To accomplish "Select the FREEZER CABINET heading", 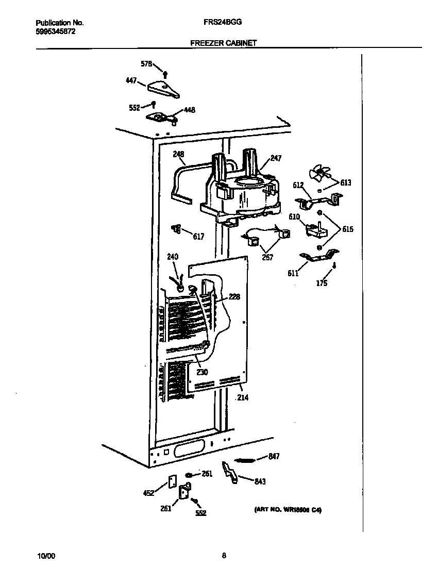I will [223, 44].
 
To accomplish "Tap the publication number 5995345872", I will [55, 31].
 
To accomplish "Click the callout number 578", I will [146, 64].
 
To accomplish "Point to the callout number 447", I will [131, 80].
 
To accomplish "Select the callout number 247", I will [276, 159].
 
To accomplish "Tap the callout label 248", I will [178, 154].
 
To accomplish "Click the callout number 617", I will [198, 237].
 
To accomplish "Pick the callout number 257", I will [267, 257].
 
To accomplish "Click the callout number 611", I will [293, 273].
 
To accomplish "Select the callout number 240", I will [172, 256].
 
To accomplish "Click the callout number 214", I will [241, 397].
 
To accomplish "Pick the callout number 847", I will [274, 456].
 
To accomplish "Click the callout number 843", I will [260, 481].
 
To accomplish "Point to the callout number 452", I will [148, 493].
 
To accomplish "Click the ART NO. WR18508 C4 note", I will [288, 510].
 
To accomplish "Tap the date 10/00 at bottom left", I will [46, 556].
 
